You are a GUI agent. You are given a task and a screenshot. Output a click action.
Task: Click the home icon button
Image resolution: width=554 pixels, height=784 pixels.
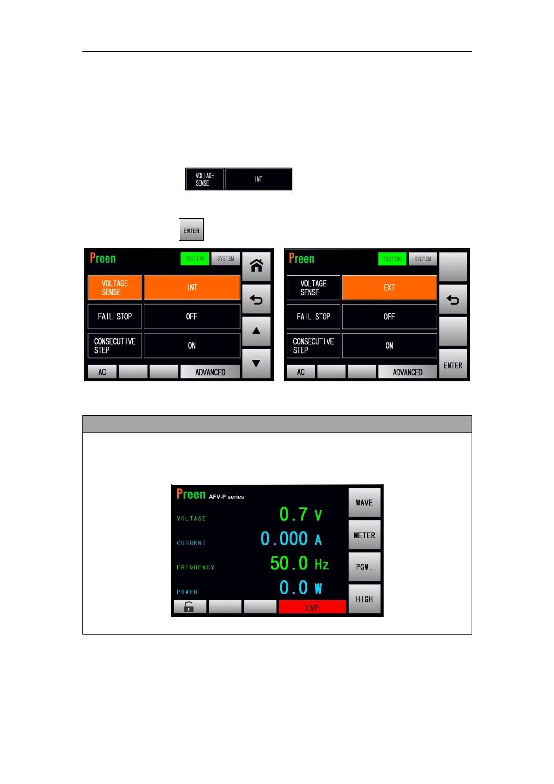256,266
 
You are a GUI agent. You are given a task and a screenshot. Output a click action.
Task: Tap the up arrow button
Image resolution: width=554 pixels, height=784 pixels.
256,331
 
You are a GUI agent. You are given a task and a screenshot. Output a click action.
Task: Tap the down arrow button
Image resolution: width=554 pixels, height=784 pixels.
256,364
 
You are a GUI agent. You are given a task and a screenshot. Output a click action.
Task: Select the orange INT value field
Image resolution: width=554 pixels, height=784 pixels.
192,288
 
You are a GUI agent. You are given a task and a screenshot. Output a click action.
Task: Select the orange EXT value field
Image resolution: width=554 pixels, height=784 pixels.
389,288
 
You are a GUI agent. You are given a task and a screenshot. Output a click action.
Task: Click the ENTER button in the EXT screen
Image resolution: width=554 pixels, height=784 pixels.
453,365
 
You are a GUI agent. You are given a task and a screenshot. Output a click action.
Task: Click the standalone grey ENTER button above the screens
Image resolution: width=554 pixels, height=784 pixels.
191,230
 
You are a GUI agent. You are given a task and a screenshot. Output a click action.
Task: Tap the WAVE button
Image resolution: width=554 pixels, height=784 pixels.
364,503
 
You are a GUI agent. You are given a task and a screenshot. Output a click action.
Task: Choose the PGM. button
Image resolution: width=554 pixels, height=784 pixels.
364,567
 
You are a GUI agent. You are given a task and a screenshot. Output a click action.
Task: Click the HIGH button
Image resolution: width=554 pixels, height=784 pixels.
364,599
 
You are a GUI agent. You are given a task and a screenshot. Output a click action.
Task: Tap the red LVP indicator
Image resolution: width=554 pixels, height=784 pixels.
312,607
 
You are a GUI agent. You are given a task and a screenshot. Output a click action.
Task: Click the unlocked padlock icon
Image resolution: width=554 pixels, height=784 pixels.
189,607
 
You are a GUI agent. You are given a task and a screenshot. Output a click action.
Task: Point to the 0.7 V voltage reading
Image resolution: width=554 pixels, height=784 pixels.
300,514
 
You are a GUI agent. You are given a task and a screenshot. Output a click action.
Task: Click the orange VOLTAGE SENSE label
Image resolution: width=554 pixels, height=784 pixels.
115,288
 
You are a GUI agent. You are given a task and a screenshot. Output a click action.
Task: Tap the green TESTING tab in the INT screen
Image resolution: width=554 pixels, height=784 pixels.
195,259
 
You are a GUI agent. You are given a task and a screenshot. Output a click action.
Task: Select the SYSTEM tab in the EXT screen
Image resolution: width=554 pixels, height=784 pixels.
423,259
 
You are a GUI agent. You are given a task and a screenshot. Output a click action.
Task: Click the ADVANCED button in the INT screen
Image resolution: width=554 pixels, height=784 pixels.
210,372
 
